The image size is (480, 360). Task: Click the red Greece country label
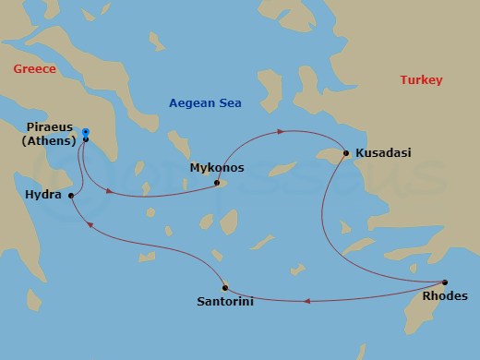coord(34,69)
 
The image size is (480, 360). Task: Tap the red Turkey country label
coord(421,80)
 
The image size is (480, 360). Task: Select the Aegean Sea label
coord(204,104)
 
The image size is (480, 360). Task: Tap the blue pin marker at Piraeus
coord(85,134)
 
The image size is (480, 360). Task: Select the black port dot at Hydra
coord(70,196)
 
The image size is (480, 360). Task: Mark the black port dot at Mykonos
coord(218,183)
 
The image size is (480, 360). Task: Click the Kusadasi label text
coord(380,152)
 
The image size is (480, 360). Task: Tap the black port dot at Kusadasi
coord(344,153)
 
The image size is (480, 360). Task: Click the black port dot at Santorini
coord(224,288)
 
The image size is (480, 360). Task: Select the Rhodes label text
coord(445,296)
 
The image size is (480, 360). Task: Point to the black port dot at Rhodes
coord(445,282)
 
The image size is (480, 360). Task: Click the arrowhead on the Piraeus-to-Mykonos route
coord(110,192)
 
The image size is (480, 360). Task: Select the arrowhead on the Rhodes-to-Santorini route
coord(307,301)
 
